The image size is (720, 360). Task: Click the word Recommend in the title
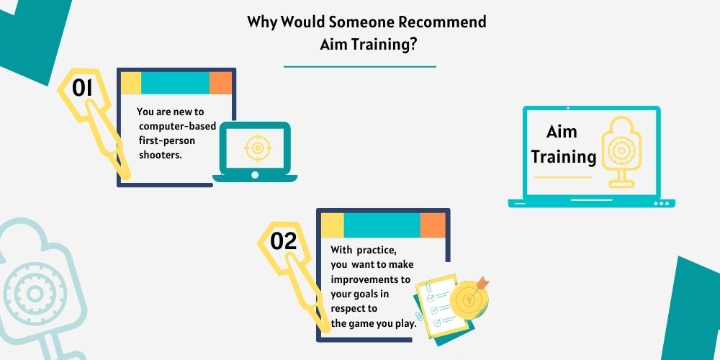pyautogui.click(x=443, y=22)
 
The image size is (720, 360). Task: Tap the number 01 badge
pyautogui.click(x=83, y=88)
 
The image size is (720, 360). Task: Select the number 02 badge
pyautogui.click(x=283, y=241)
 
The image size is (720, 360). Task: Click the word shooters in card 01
pyautogui.click(x=161, y=155)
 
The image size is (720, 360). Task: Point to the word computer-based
pyautogui.click(x=177, y=126)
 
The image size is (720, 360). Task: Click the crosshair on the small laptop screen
pyautogui.click(x=258, y=148)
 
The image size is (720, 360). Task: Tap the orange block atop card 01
pyautogui.click(x=220, y=83)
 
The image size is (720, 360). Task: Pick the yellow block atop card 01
pyautogui.click(x=131, y=83)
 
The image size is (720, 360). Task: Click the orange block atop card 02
pyautogui.click(x=433, y=225)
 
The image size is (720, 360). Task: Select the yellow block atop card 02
pyautogui.click(x=333, y=225)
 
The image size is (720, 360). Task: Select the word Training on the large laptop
pyautogui.click(x=564, y=156)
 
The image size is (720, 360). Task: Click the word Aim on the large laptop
pyautogui.click(x=562, y=132)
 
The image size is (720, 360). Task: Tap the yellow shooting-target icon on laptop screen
pyautogui.click(x=622, y=151)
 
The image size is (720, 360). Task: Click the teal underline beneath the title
pyautogui.click(x=360, y=66)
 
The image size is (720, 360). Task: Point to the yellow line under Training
pyautogui.click(x=562, y=177)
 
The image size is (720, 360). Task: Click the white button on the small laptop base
pyautogui.click(x=255, y=175)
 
